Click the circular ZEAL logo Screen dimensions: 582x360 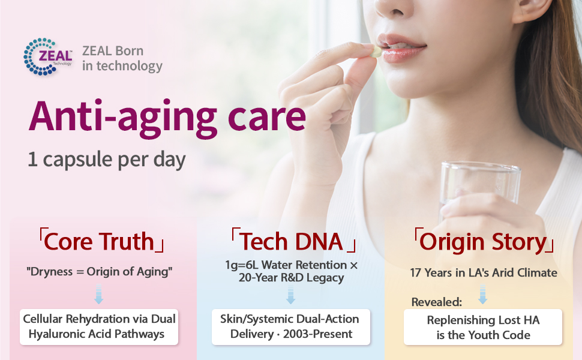coord(47,56)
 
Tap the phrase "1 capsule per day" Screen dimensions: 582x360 coord(107,160)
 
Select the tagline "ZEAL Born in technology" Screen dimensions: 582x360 coord(122,58)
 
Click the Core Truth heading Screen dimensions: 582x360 coord(101,241)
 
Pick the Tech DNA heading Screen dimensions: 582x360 coord(293,241)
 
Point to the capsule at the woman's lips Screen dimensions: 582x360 coord(377,51)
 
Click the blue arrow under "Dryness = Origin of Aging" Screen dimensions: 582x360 coord(99,294)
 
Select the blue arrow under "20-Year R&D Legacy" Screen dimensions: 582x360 coord(290,295)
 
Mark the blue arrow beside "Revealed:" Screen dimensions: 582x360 coord(482,295)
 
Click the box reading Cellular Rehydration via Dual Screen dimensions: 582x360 coord(99,327)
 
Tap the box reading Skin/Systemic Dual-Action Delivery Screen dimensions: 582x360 coord(290,327)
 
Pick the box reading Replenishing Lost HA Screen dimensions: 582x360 coord(483,328)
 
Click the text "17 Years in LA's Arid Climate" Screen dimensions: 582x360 coord(484,273)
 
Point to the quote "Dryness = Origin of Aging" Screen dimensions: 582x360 coord(99,272)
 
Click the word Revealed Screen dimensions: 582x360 coord(437,302)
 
